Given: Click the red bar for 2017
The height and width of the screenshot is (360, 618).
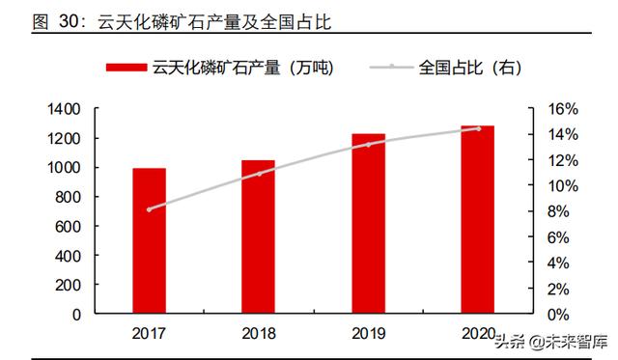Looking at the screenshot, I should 149,241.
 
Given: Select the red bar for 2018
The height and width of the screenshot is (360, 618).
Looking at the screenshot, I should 258,237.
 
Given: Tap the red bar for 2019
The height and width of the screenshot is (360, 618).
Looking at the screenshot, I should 368,224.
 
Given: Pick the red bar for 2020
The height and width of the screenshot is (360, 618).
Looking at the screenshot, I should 477,220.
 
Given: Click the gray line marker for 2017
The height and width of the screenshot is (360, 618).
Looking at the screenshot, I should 149,208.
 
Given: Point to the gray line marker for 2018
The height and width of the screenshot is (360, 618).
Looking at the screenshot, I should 258,174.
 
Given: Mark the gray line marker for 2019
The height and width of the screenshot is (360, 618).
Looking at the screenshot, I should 368,144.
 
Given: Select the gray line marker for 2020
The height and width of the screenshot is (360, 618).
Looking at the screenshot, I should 477,128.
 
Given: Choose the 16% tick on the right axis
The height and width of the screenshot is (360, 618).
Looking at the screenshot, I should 565,109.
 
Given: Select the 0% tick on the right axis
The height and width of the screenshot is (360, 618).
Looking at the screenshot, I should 569,315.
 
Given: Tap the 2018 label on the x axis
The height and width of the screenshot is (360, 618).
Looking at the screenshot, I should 258,333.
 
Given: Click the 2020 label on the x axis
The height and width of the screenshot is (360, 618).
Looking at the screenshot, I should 477,333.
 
